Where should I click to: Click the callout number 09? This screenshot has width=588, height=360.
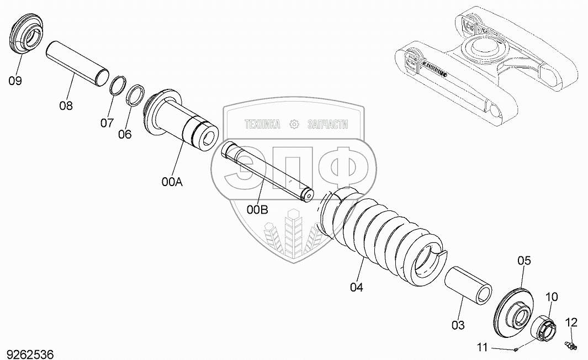[15, 81]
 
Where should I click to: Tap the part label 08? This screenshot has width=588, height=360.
[66, 105]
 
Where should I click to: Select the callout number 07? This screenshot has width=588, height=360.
[107, 123]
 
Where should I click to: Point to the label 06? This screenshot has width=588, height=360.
[125, 134]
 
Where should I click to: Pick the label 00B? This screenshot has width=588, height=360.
[257, 209]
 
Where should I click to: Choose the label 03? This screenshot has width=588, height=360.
[458, 325]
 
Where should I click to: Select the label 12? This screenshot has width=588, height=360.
[571, 322]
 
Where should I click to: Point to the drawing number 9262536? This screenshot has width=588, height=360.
[30, 353]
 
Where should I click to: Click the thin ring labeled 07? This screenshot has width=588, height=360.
[117, 87]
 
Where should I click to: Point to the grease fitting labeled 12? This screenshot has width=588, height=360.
[570, 345]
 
